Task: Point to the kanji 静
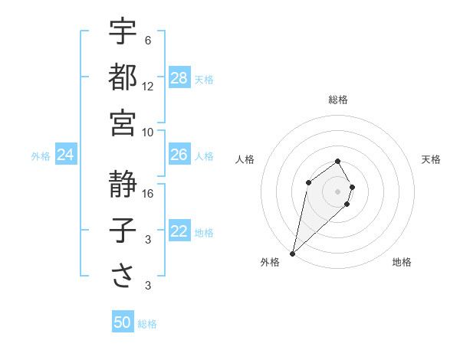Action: [x=123, y=184]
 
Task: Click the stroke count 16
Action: [x=148, y=194]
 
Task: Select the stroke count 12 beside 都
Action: [x=148, y=86]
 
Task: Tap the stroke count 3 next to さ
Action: [x=148, y=286]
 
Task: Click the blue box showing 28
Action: [x=179, y=78]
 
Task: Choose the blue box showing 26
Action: [x=179, y=155]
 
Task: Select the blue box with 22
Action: [x=179, y=232]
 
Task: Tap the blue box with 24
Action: [x=66, y=155]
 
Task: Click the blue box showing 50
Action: [x=123, y=322]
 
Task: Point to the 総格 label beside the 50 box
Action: [x=147, y=324]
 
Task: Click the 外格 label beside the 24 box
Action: [x=41, y=156]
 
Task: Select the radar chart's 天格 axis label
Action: [x=431, y=159]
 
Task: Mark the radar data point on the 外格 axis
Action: [x=293, y=253]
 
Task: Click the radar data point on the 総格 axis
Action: [x=337, y=161]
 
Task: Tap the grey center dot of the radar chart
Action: [x=337, y=191]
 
